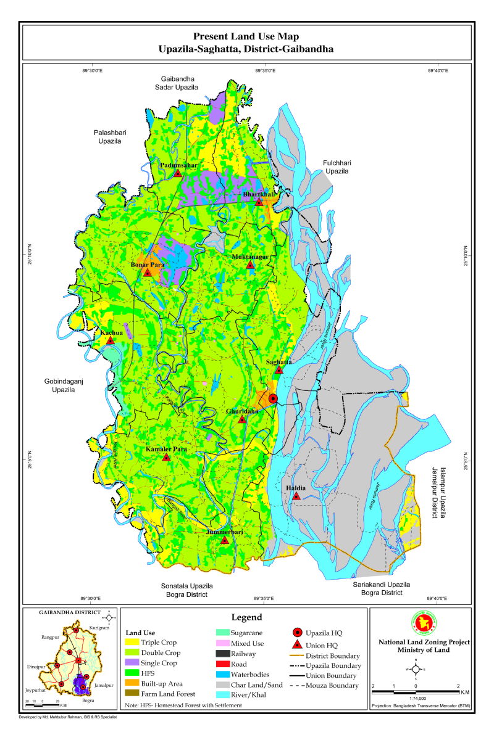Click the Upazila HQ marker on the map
click(273, 398)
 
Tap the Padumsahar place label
click(179, 165)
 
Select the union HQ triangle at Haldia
click(296, 496)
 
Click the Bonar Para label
click(146, 265)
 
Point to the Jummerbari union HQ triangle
click(225, 540)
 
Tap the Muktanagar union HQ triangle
click(250, 265)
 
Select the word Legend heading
click(246, 617)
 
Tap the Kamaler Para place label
click(166, 449)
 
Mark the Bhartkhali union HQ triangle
click(259, 202)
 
